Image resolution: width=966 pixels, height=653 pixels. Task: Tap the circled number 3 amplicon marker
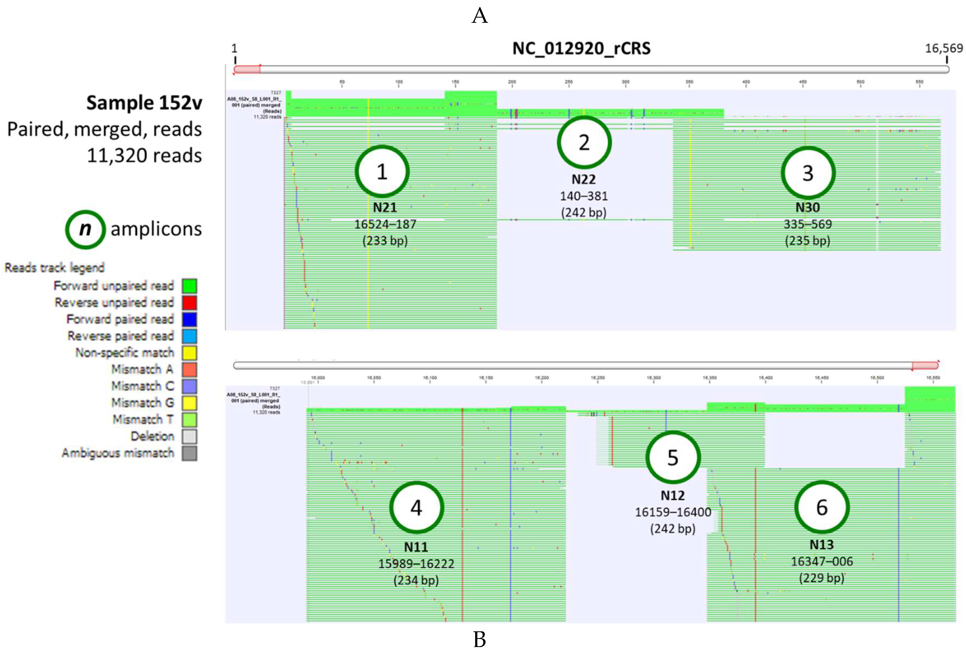[x=808, y=173]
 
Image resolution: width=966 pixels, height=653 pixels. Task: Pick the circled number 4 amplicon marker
[x=416, y=507]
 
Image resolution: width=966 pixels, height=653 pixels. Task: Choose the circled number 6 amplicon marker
[x=822, y=507]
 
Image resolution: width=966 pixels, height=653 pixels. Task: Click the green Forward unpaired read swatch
[x=189, y=286]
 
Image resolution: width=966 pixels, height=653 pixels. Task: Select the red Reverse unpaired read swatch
[x=189, y=303]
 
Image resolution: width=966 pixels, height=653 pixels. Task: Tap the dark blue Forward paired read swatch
[x=189, y=319]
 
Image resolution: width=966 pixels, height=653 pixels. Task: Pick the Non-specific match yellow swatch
[x=189, y=353]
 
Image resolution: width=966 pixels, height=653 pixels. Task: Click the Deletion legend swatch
[x=189, y=436]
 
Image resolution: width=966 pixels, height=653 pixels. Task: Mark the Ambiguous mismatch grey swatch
[x=189, y=453]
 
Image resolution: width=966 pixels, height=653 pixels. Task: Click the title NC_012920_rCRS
[x=581, y=49]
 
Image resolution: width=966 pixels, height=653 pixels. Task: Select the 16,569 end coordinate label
[x=944, y=49]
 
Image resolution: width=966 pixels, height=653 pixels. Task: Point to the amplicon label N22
[x=584, y=179]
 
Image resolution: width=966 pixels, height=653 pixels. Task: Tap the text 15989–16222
[x=416, y=564]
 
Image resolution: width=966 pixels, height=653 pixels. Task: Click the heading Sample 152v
[x=144, y=103]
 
